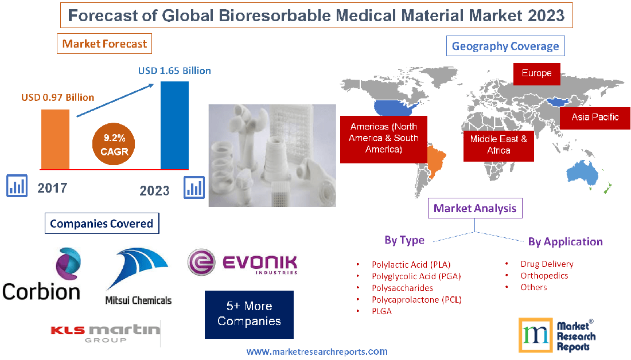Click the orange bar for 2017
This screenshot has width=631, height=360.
(55, 139)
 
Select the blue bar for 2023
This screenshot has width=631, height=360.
(174, 125)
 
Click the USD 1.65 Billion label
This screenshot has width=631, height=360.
(174, 71)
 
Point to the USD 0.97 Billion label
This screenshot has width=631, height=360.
(57, 97)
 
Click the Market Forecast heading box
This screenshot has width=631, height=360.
(104, 44)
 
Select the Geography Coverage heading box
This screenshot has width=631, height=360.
(505, 46)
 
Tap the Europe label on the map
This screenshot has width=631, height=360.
(536, 73)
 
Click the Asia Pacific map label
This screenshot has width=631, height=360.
(595, 117)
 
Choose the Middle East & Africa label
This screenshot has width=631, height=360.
(498, 144)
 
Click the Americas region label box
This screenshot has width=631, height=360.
(384, 138)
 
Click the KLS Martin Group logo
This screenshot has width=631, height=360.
(105, 332)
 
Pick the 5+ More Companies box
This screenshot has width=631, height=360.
(249, 314)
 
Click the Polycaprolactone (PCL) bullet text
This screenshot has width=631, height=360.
(416, 299)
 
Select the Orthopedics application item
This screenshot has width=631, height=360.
(544, 275)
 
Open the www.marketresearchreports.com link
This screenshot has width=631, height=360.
(317, 351)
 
